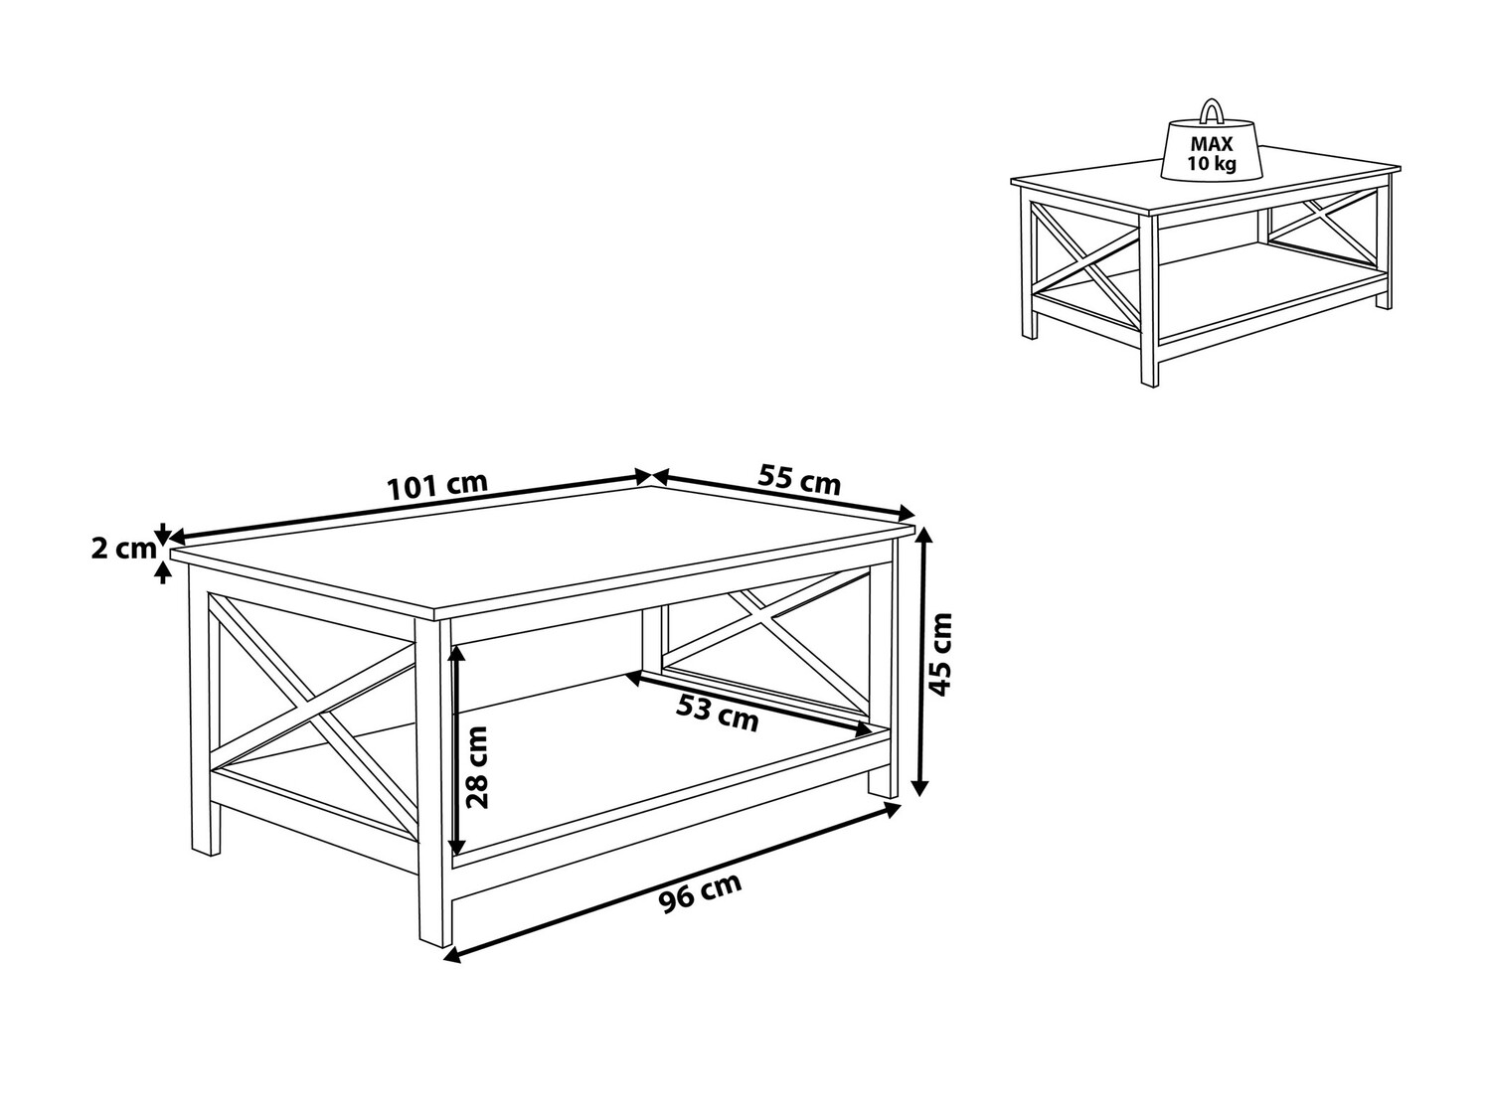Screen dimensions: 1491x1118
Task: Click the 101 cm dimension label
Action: coord(436,485)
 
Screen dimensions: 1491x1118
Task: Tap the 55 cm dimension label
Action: coord(799,479)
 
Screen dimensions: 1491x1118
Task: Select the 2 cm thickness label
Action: coord(123,549)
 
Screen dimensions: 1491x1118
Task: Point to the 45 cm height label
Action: coord(940,654)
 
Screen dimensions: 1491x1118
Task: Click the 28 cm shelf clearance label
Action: coord(478,767)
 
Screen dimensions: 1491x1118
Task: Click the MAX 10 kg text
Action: coord(1211,154)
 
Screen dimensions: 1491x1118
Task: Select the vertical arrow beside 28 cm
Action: coord(458,750)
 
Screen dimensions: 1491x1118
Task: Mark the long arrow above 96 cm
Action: coord(672,882)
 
